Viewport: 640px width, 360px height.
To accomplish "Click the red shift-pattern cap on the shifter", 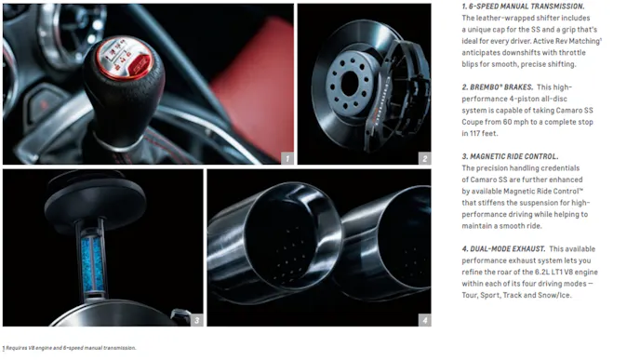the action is click(125, 58).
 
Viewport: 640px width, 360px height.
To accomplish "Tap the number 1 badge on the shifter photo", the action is click(287, 158).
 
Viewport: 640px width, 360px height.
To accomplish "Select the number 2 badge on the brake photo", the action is click(425, 158).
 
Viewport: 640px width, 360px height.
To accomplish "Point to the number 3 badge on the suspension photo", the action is click(196, 320).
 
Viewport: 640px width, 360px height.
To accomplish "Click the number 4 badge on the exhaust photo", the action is click(425, 320).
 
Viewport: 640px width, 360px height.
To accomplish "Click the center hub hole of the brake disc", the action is click(350, 84).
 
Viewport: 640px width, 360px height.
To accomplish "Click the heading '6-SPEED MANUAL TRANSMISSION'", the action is click(527, 7).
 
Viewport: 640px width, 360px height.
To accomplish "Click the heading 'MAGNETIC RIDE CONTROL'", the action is click(514, 156).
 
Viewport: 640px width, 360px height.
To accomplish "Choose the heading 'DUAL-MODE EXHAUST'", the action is click(508, 248).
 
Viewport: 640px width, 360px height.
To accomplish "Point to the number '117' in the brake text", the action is click(476, 133).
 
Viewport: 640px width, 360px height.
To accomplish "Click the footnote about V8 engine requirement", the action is click(70, 348).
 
